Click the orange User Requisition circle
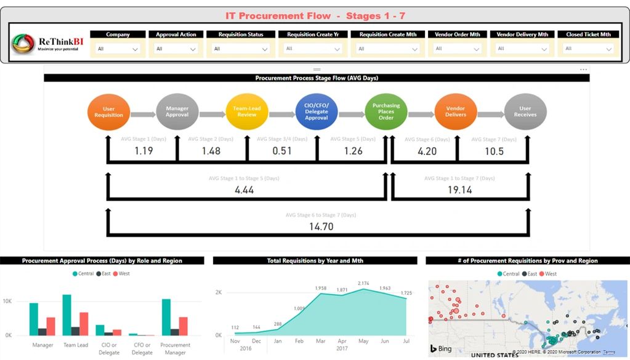pyautogui.click(x=108, y=111)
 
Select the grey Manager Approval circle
pyautogui.click(x=177, y=111)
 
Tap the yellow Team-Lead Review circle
pyautogui.click(x=247, y=111)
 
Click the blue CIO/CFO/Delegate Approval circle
pyautogui.click(x=317, y=111)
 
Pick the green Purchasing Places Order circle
pyautogui.click(x=386, y=111)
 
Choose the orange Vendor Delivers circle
pyautogui.click(x=456, y=111)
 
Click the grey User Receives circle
pyautogui.click(x=525, y=111)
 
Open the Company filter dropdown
pyautogui.click(x=118, y=49)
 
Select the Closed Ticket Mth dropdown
pyautogui.click(x=588, y=49)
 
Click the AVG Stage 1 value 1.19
pyautogui.click(x=143, y=151)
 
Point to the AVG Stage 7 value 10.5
pyautogui.click(x=495, y=151)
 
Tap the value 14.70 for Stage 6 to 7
pyautogui.click(x=321, y=226)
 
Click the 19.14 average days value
pyautogui.click(x=459, y=190)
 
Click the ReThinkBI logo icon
pyautogui.click(x=23, y=44)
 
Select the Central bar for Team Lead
pyautogui.click(x=67, y=314)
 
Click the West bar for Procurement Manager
pyautogui.click(x=183, y=326)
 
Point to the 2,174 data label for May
pyautogui.click(x=364, y=283)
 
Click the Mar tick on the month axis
pyautogui.click(x=321, y=340)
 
